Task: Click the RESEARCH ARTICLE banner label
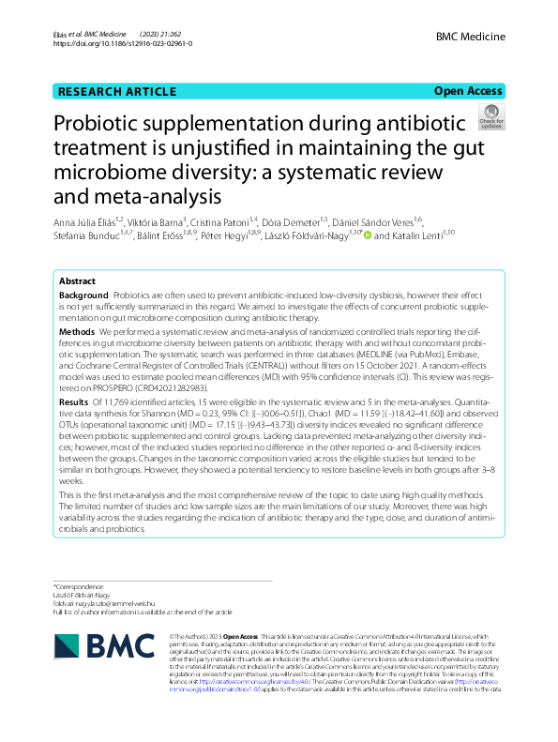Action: coord(116,92)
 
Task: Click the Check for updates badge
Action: coord(491,117)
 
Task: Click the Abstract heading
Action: coord(77,280)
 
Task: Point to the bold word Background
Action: coord(83,295)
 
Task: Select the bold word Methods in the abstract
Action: coord(77,331)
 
